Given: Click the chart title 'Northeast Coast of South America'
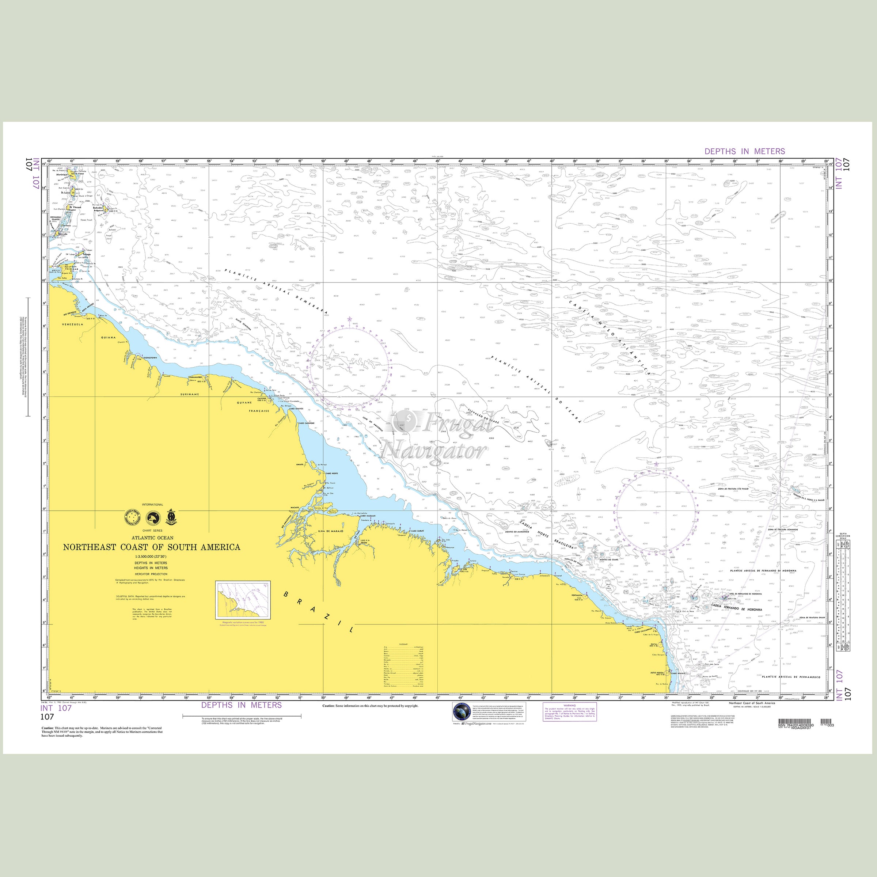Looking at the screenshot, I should click(x=152, y=547).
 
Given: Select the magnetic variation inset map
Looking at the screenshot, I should click(x=243, y=600).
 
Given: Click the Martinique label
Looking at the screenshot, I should click(x=62, y=174).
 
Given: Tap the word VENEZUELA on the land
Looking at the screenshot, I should click(x=72, y=324).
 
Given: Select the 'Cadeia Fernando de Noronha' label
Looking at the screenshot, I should click(x=737, y=610).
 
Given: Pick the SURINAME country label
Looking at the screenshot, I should click(x=189, y=395).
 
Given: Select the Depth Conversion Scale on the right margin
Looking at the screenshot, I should click(x=844, y=595).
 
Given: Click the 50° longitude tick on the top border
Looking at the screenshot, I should click(x=324, y=161).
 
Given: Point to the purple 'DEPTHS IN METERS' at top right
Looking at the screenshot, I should click(x=744, y=151).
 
